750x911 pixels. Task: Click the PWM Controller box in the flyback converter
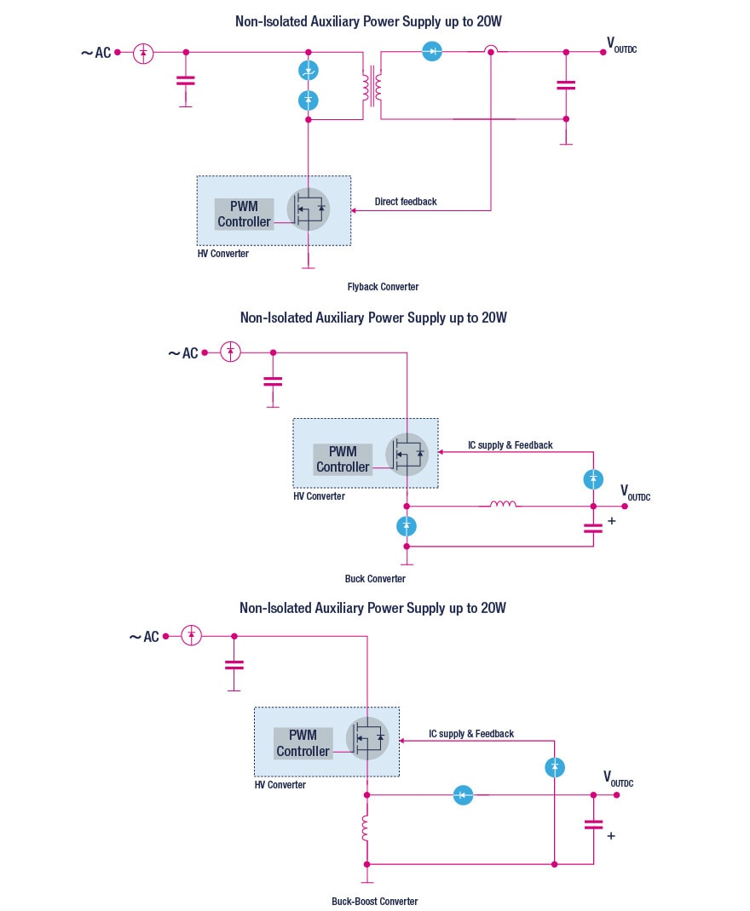(244, 215)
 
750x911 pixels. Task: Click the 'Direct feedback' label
(406, 202)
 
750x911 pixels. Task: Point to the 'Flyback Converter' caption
(383, 287)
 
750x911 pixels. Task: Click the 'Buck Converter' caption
(375, 579)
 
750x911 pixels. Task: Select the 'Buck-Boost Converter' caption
(375, 901)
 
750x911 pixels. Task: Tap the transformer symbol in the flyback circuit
(372, 85)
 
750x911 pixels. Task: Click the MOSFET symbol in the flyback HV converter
(308, 209)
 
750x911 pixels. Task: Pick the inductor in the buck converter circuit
(503, 505)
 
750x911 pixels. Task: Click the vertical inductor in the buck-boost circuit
(366, 829)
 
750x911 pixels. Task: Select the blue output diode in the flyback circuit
(433, 52)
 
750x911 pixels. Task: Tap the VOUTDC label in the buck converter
(634, 493)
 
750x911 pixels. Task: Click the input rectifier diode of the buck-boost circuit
(192, 635)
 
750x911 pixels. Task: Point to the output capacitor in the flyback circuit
(565, 85)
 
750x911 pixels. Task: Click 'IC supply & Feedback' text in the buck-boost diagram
(471, 734)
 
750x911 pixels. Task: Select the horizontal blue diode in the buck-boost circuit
(463, 795)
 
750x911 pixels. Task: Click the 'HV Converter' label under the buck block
(319, 496)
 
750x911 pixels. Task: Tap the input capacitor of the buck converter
(273, 381)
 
